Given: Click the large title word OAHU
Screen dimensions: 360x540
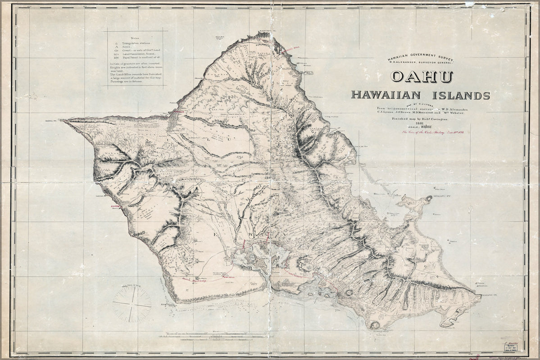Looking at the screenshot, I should coord(422,76).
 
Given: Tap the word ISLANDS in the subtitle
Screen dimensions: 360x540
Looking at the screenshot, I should coord(461,95).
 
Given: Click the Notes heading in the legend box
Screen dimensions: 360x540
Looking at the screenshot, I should coord(135,38).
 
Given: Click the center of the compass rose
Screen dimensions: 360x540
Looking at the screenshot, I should coord(132,305).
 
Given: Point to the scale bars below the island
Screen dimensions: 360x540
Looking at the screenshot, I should coord(216,336).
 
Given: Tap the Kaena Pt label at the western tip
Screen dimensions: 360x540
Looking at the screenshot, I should coord(53,121).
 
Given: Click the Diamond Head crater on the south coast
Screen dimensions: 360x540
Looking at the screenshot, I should coord(374,325).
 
